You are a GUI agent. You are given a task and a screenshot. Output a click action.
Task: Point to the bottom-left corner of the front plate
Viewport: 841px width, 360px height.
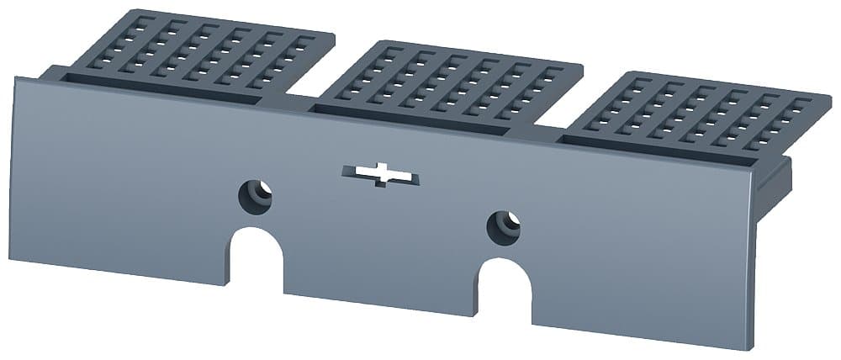coord(11,258)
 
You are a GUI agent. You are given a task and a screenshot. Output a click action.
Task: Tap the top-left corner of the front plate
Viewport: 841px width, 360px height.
coord(15,78)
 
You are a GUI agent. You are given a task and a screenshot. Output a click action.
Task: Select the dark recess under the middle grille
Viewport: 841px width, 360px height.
coord(412,119)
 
